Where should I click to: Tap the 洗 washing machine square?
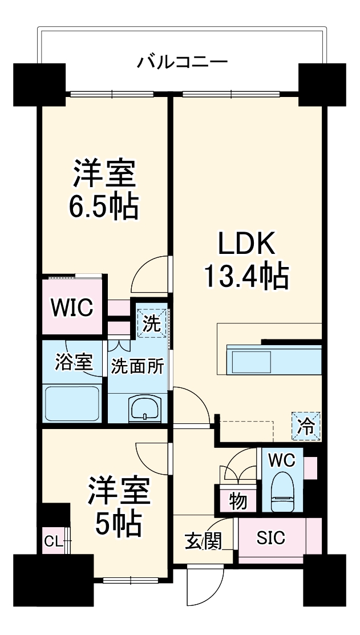[x=152, y=323]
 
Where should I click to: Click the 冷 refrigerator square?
[x=306, y=426]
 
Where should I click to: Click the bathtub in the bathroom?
[x=72, y=403]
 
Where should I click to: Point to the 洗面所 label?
[x=137, y=366]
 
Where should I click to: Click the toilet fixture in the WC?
[x=282, y=492]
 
